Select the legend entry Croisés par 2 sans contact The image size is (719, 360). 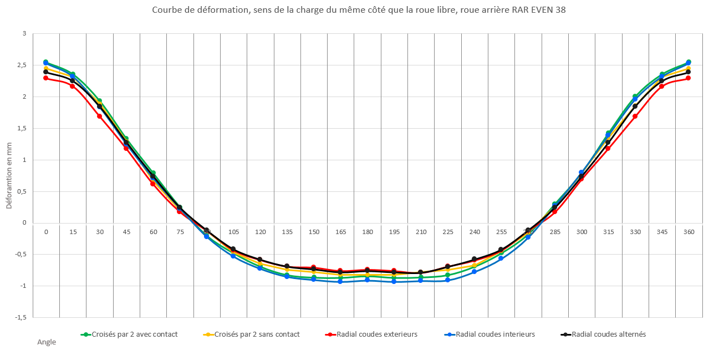coord(257,334)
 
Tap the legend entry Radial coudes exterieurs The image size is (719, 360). coord(376,334)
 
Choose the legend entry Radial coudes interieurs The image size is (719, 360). coord(495,334)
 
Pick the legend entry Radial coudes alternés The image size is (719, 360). coord(608,334)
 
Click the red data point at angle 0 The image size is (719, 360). coord(46,78)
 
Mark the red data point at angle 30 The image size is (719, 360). coord(99,116)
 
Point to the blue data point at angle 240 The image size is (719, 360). coord(475,272)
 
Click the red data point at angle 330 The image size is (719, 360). coord(635,116)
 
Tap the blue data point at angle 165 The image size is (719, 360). coord(340,282)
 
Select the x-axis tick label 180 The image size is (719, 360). coord(367,232)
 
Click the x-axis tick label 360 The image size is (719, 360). coord(689,232)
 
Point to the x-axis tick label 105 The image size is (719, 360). coord(233,232)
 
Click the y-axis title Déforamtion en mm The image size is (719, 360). coord(9,176)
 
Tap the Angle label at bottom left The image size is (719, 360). coord(47,342)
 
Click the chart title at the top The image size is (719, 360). coord(359,11)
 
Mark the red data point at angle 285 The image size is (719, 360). coord(554,211)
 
